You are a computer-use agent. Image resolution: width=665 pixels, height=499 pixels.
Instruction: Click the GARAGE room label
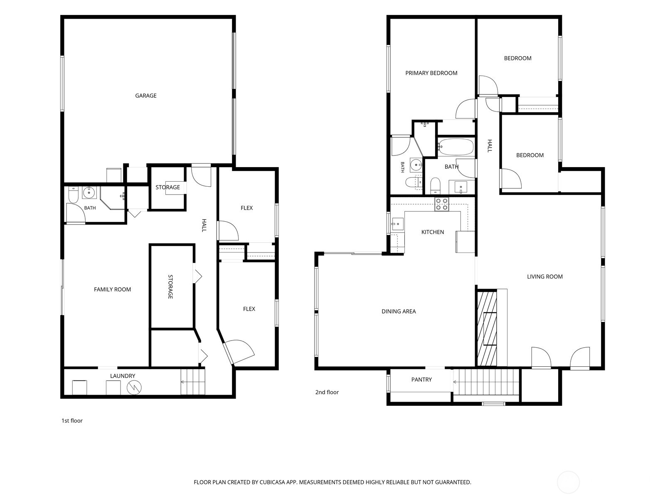(x=146, y=96)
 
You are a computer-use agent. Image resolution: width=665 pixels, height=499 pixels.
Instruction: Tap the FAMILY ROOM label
(x=112, y=290)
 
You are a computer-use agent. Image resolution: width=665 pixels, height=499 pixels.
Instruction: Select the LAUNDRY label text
(x=123, y=376)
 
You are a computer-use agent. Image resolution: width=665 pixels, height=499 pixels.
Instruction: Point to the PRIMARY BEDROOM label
(x=431, y=73)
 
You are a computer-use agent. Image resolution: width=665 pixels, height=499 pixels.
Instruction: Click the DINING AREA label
(x=399, y=311)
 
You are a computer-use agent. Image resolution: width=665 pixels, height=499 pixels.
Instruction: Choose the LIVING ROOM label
(x=545, y=277)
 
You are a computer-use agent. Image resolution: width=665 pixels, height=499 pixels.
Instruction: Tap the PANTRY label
(x=421, y=380)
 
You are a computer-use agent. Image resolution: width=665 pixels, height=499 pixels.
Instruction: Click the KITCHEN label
(x=433, y=232)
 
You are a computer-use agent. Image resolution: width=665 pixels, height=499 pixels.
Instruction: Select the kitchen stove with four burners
(x=442, y=204)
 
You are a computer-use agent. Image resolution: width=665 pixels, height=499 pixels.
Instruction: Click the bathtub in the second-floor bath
(x=456, y=147)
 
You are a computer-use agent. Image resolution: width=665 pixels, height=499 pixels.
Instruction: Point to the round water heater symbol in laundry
(x=134, y=388)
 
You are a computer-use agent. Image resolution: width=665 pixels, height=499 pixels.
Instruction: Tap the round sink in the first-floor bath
(x=89, y=192)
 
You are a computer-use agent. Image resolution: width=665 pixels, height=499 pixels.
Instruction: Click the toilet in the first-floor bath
(x=73, y=195)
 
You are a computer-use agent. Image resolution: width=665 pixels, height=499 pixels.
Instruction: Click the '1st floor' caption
(x=72, y=420)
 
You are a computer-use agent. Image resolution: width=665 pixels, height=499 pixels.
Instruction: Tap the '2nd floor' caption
(x=327, y=392)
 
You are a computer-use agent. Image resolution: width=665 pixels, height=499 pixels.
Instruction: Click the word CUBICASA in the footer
(x=272, y=482)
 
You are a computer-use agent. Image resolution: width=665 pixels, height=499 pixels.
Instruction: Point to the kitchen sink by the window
(x=398, y=225)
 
